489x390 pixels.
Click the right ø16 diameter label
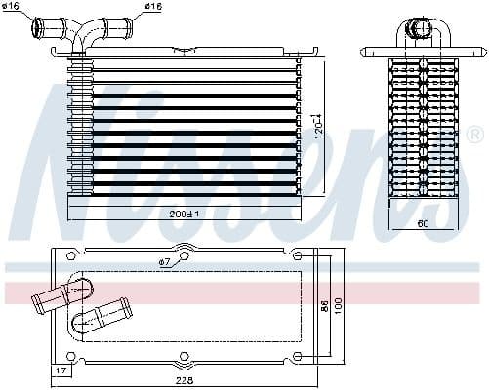click(152, 7)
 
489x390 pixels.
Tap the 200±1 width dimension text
click(184, 214)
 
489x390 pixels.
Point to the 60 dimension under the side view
click(424, 223)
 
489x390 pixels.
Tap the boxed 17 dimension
click(61, 370)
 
